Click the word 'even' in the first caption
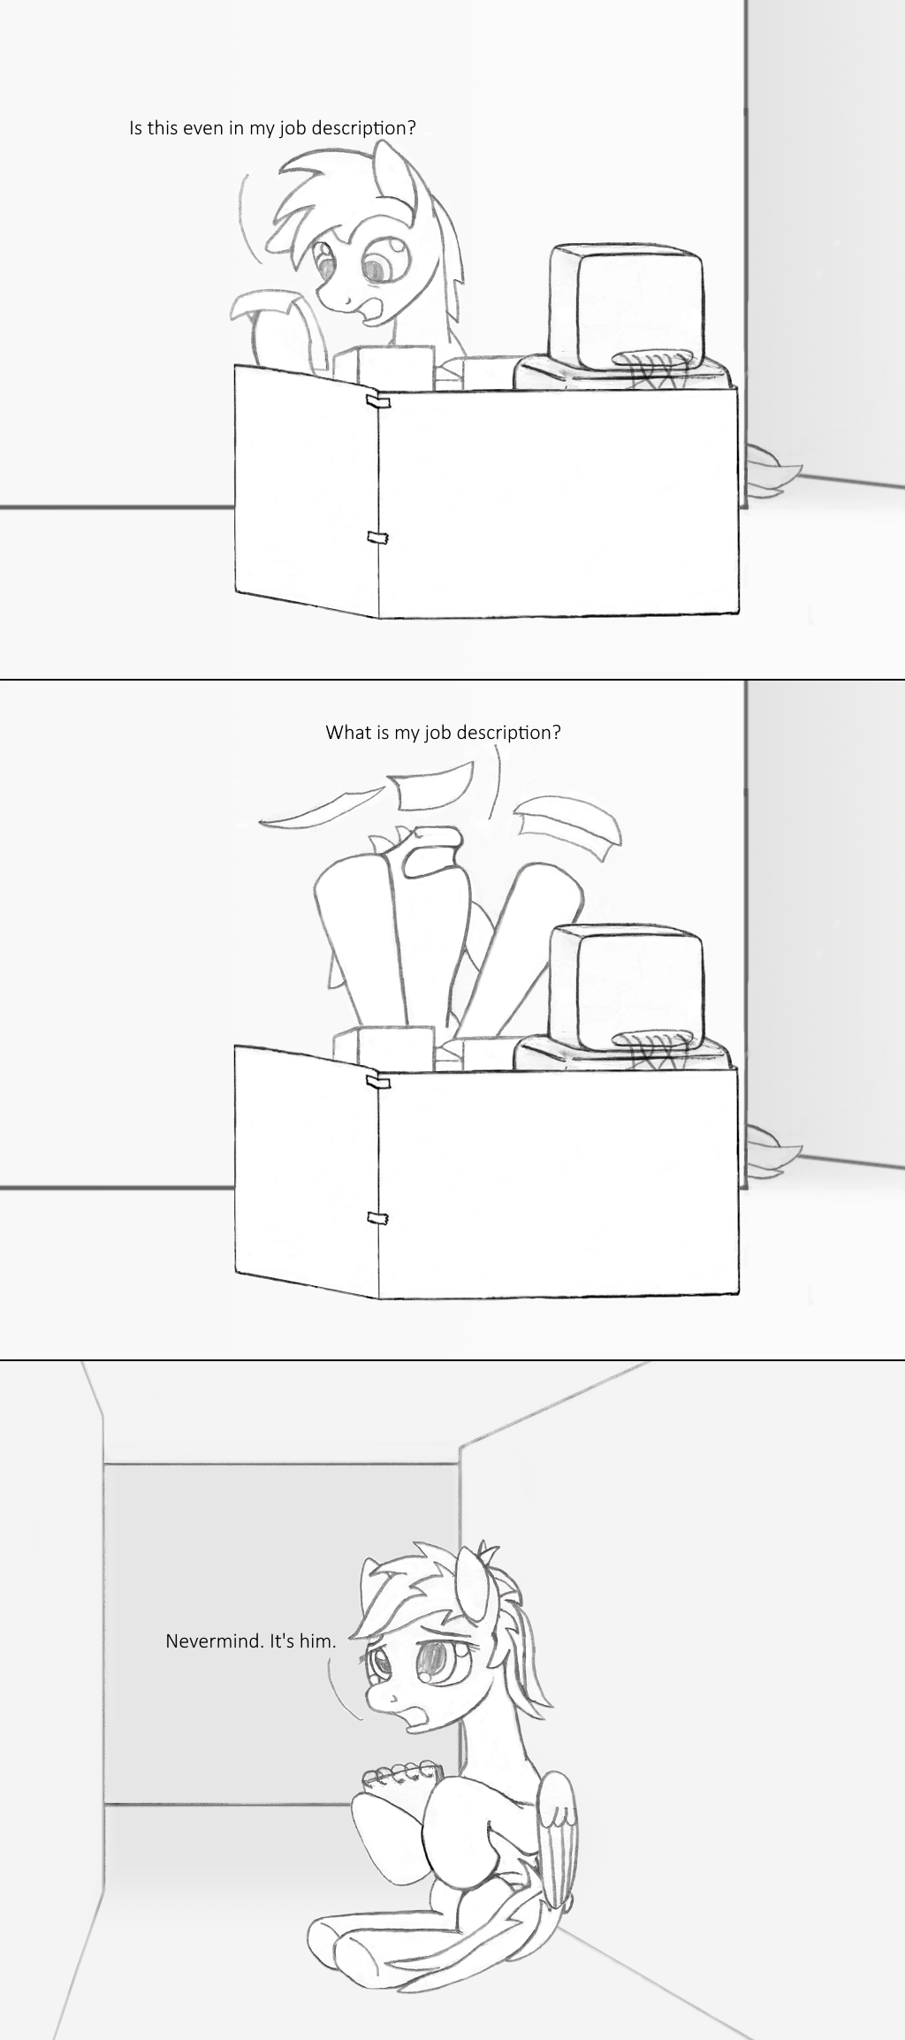[204, 128]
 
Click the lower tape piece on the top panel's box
[379, 537]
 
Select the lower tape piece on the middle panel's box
[379, 1218]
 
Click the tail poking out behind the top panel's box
[772, 468]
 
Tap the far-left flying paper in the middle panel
[309, 811]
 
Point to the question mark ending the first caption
[411, 128]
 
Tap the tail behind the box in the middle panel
[772, 1149]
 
